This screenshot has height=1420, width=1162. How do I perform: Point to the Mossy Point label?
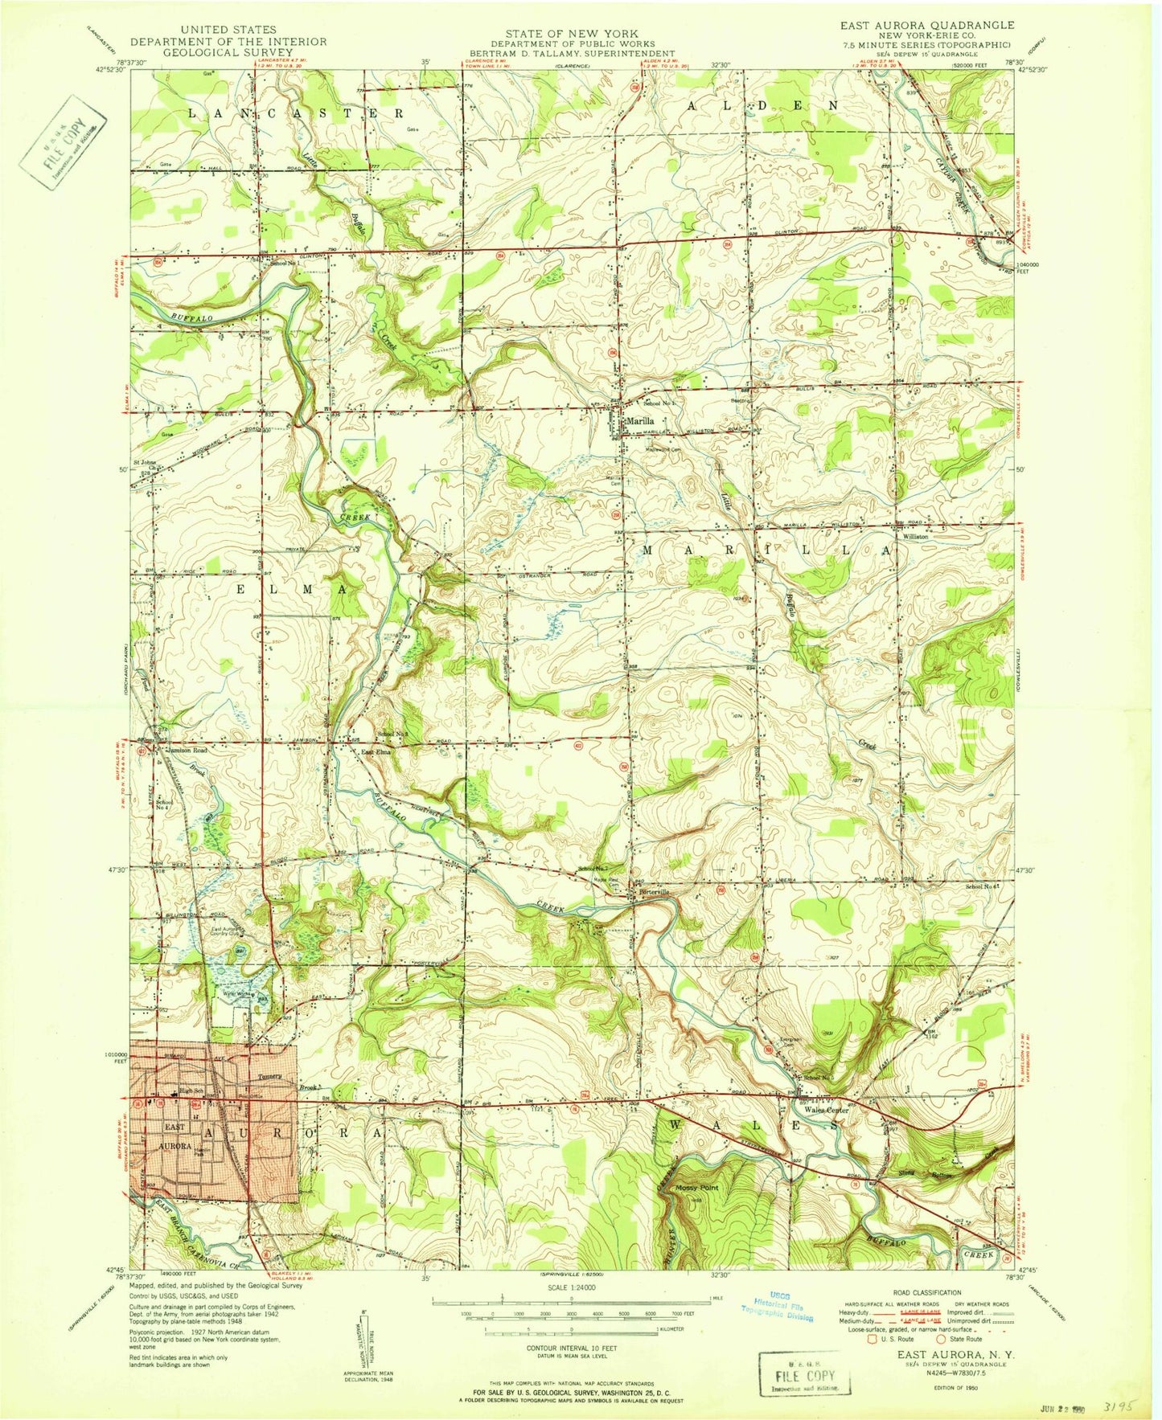tap(696, 1188)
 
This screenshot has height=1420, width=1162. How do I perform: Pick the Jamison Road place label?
tap(187, 750)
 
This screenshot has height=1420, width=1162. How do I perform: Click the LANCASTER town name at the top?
tap(295, 113)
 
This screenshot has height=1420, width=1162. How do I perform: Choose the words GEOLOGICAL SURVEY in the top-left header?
tap(228, 53)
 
